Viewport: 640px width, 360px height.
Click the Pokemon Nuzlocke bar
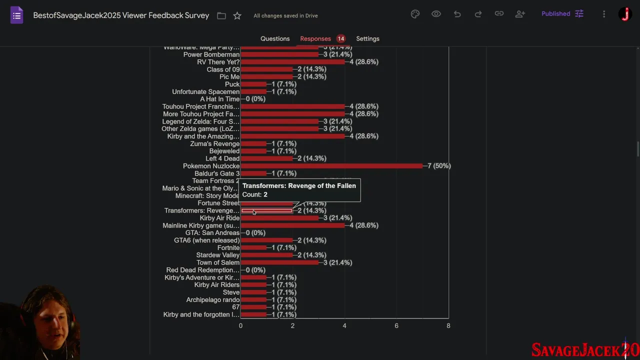(x=331, y=166)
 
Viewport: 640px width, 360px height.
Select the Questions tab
(x=275, y=38)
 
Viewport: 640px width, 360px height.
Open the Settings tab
(x=367, y=38)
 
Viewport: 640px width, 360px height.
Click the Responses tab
(x=315, y=38)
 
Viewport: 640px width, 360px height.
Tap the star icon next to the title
(x=237, y=15)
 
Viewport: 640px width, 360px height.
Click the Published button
(x=562, y=14)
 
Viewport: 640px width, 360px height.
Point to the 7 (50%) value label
(x=439, y=166)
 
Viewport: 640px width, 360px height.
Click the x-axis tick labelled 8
(x=448, y=325)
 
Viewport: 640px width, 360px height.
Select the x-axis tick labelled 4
(x=344, y=325)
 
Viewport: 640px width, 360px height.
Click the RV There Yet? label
(x=218, y=62)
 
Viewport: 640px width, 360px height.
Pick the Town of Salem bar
(x=279, y=262)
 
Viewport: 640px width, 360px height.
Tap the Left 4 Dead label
(x=222, y=158)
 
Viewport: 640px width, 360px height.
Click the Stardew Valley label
(x=217, y=255)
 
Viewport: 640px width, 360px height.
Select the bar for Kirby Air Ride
(x=279, y=218)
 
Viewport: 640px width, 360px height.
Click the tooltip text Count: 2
(x=255, y=194)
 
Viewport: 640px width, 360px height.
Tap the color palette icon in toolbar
(x=415, y=14)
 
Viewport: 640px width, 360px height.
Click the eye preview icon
(x=436, y=14)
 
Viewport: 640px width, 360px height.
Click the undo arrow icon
(x=457, y=14)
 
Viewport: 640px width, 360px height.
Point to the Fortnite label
(x=228, y=247)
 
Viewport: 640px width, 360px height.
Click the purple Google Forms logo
(x=16, y=15)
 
